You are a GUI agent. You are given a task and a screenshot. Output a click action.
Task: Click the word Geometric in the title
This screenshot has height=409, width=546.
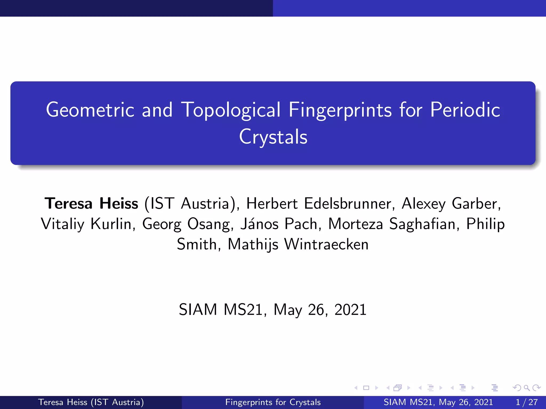pyautogui.click(x=90, y=110)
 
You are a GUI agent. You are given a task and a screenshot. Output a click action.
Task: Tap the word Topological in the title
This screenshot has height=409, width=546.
pyautogui.click(x=231, y=110)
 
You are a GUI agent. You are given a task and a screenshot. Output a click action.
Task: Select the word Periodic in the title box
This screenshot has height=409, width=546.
pyautogui.click(x=465, y=110)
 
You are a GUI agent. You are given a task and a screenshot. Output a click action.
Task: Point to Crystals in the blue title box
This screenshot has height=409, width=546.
pyautogui.click(x=273, y=137)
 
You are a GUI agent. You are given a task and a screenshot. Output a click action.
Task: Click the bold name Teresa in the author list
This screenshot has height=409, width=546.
pyautogui.click(x=69, y=204)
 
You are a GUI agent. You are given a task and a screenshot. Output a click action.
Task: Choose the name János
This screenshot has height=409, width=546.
pyautogui.click(x=259, y=224)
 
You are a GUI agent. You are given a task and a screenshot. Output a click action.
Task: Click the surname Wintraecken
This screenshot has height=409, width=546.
pyautogui.click(x=326, y=244)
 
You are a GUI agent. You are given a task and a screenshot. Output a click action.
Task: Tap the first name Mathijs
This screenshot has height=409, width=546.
pyautogui.click(x=253, y=244)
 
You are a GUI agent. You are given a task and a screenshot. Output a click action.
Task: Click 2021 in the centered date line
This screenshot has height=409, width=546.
pyautogui.click(x=350, y=310)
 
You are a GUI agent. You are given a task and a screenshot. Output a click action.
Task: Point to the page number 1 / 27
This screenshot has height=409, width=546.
pyautogui.click(x=527, y=402)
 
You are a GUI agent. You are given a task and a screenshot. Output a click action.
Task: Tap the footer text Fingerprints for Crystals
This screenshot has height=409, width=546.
pyautogui.click(x=273, y=402)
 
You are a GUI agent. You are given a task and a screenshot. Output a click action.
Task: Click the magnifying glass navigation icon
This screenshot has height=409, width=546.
pyautogui.click(x=527, y=388)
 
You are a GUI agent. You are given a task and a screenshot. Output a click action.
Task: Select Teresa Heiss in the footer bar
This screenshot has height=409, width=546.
pyautogui.click(x=63, y=402)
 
